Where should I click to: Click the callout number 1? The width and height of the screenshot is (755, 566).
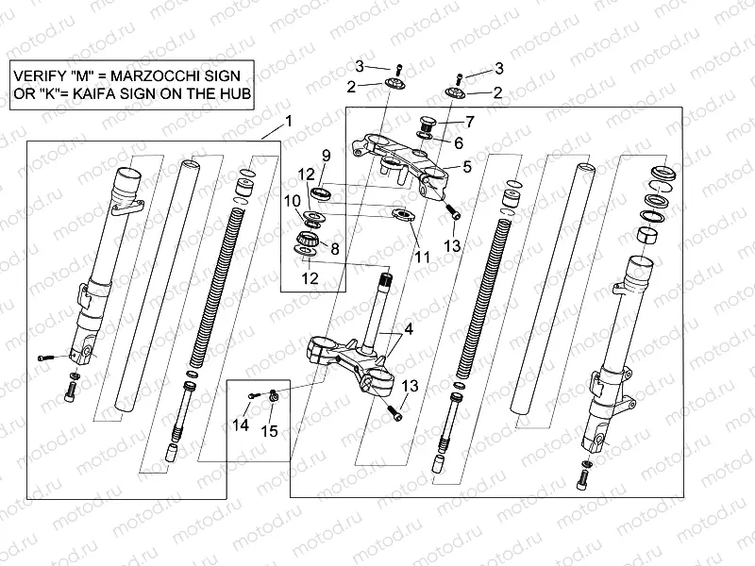point(289,120)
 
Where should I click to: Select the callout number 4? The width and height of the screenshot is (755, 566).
point(409,330)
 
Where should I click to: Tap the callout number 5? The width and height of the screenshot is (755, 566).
point(465,167)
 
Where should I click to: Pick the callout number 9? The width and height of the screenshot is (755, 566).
point(325,155)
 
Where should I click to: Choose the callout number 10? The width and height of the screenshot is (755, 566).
point(293,200)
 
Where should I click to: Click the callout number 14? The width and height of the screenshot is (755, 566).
point(241,425)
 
